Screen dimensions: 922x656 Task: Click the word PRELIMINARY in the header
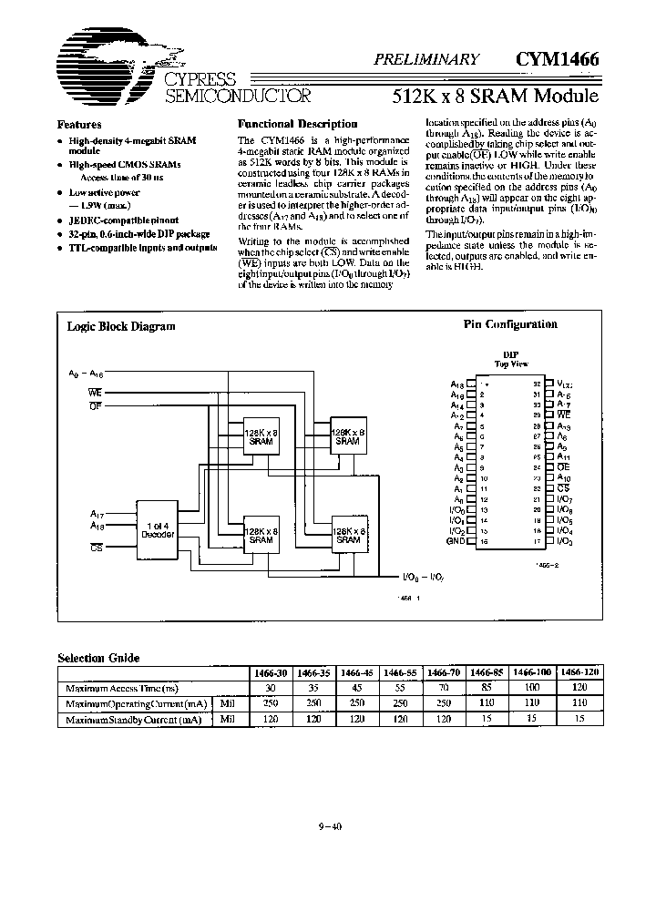click(426, 59)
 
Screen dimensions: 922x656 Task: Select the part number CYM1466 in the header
click(557, 59)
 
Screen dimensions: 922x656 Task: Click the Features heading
click(79, 125)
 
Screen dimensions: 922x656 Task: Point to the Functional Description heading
click(297, 124)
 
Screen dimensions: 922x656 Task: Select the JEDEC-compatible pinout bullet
click(123, 220)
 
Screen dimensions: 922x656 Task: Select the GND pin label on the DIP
click(456, 540)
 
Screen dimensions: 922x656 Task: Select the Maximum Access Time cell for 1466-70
click(444, 688)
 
